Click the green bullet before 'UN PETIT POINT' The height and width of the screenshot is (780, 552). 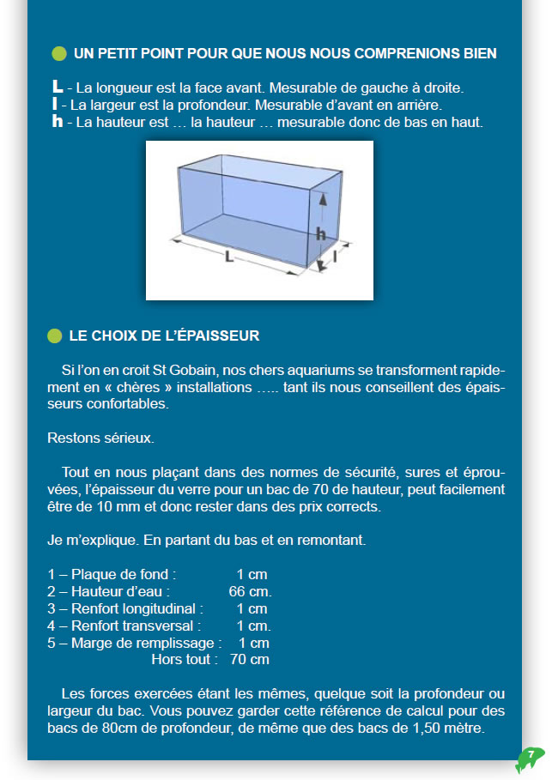(59, 53)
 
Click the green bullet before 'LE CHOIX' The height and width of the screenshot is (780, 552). (55, 336)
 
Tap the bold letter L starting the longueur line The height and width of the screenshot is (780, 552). (58, 87)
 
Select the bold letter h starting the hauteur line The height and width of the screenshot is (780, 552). (58, 121)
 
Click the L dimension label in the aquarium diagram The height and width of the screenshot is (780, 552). (229, 255)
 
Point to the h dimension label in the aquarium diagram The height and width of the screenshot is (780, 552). (319, 232)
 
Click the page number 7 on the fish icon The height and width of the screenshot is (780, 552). (531, 754)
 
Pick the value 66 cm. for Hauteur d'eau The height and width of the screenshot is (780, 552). (250, 591)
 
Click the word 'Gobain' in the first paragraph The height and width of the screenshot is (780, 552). (197, 370)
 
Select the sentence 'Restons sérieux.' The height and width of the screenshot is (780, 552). (100, 438)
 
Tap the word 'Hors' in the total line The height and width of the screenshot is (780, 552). (167, 660)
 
